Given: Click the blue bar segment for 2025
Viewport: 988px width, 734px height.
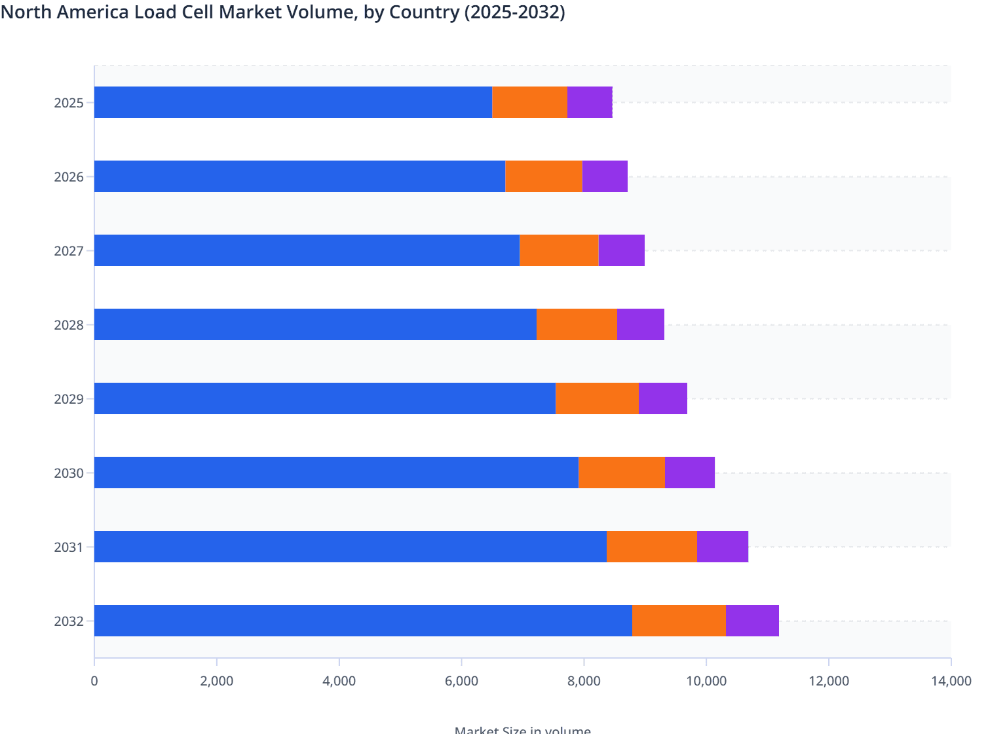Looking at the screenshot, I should tap(293, 102).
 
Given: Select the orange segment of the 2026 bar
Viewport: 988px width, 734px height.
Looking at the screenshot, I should tap(543, 176).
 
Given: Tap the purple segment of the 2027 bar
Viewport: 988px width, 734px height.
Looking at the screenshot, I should tap(621, 250).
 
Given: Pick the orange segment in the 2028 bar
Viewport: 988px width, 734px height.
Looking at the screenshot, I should tap(577, 324).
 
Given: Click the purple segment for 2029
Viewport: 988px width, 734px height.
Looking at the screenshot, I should tap(662, 398).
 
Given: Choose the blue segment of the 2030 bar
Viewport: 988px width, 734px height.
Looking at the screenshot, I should tap(336, 473).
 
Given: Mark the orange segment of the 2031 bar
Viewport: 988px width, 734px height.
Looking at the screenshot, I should tap(651, 547).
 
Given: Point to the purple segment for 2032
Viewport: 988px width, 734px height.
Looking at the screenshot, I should tap(752, 621).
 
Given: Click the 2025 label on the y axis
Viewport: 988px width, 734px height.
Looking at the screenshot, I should tap(69, 103).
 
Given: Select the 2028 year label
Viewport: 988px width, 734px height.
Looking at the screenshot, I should tap(69, 325).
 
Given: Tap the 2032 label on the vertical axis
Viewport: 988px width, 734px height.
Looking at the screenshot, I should tap(69, 621).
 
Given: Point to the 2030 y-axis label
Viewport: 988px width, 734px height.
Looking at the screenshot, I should tap(69, 473).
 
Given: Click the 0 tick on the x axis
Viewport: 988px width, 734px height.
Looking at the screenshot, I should tap(94, 681).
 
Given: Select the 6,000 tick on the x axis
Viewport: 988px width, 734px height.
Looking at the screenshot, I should tap(461, 681).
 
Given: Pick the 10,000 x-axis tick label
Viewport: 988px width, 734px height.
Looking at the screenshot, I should tap(706, 681).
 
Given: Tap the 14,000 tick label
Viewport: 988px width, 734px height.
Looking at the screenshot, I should tap(950, 681).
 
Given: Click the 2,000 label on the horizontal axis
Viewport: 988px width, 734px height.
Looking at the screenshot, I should tap(217, 681).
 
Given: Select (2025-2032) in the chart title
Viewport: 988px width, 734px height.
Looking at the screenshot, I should tap(514, 12).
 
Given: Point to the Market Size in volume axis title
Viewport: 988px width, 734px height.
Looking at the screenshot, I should tap(522, 729).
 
